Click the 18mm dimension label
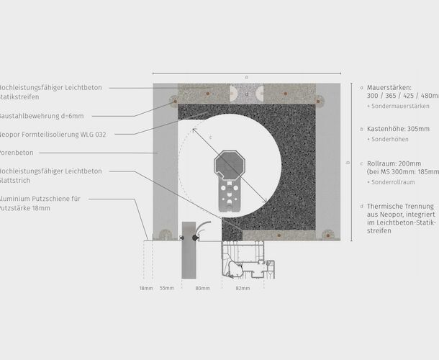point(146,288)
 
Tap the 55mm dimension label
point(167,288)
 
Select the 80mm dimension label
point(203,288)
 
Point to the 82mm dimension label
point(243,288)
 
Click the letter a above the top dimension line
point(246,76)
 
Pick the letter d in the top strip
point(247,93)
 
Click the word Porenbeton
point(19,153)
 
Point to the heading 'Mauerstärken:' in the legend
point(389,87)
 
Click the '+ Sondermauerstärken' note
point(398,106)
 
